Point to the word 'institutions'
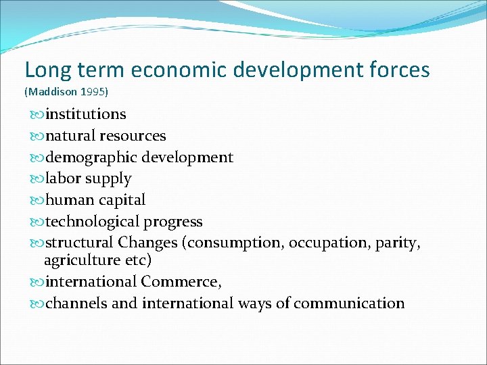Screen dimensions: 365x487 85,114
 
